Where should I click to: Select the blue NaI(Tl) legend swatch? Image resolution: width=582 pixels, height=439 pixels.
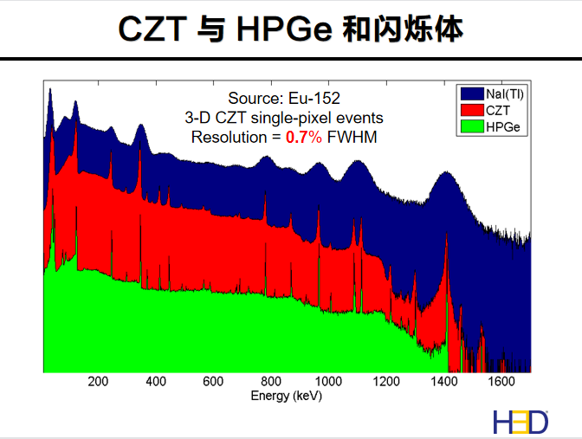(470, 94)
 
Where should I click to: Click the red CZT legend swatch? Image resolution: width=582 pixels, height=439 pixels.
(470, 110)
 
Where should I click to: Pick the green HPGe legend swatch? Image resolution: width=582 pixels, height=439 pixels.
(470, 126)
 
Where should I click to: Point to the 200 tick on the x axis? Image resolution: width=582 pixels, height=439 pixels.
(98, 382)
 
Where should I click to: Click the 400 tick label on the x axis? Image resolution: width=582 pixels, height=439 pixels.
(156, 382)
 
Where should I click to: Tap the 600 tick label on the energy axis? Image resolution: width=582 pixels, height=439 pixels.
(213, 382)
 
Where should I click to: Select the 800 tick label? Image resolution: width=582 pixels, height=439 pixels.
(271, 382)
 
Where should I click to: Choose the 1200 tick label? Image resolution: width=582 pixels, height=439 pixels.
(386, 382)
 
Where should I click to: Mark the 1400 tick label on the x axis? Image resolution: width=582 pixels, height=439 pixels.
(443, 382)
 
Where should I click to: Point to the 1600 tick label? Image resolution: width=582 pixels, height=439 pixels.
(501, 382)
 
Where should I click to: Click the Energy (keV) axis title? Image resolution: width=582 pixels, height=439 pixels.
(287, 396)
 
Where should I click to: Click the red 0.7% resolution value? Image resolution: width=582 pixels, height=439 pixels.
(304, 136)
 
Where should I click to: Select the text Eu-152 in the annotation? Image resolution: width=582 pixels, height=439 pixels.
(307, 98)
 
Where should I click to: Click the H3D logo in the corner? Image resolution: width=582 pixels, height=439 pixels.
(521, 421)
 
